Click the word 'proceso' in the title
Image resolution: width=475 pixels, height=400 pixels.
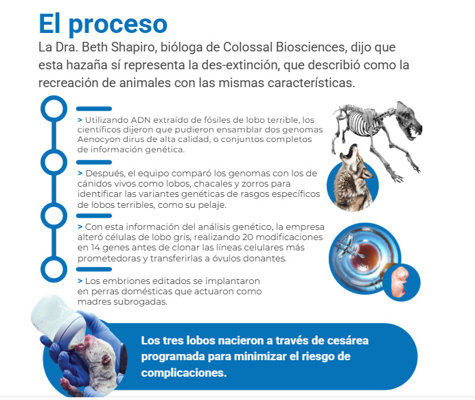[x=118, y=25]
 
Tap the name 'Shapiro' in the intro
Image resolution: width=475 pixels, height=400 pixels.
[x=134, y=47]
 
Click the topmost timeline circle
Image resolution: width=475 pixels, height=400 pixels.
[x=54, y=108]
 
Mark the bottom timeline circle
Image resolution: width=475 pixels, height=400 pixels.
[x=54, y=269]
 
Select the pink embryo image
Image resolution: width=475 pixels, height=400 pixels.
[x=400, y=282]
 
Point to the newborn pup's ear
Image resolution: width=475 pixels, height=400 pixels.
[x=106, y=360]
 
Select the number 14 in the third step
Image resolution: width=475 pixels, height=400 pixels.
[x=95, y=248]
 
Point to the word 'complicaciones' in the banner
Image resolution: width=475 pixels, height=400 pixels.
[x=183, y=373]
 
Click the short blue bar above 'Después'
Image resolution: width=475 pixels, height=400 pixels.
[x=94, y=163]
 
